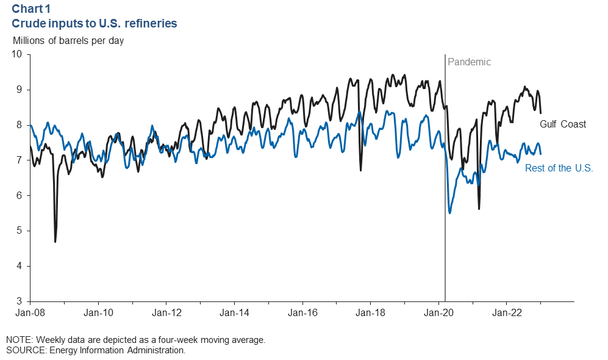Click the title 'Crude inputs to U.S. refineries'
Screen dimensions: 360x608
[95, 24]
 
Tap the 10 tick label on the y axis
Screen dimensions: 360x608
[16, 54]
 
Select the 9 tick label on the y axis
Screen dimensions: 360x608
[19, 90]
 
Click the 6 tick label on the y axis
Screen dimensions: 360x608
[19, 196]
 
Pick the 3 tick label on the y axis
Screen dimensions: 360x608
[19, 301]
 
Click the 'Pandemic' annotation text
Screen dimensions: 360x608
[469, 62]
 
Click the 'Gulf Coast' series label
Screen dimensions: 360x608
[563, 124]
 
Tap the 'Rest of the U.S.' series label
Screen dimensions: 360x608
[559, 168]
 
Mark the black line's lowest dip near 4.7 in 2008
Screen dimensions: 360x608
[55, 242]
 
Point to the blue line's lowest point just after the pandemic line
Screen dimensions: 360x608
[450, 212]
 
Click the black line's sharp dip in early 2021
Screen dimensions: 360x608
[479, 209]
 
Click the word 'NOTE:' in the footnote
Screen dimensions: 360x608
[20, 340]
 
